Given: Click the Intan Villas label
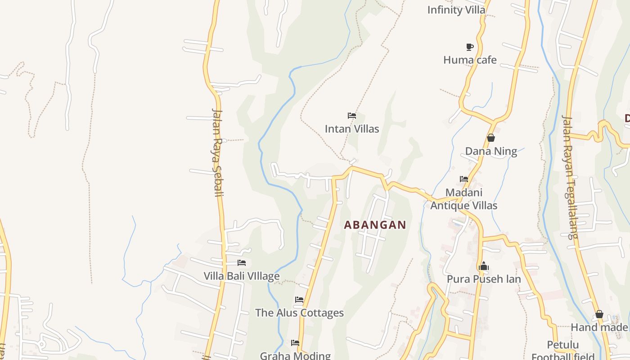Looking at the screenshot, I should pyautogui.click(x=352, y=129).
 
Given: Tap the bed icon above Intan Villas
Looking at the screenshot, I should pyautogui.click(x=352, y=116).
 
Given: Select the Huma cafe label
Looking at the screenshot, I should pyautogui.click(x=470, y=60).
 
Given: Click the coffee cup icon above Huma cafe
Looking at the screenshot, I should pyautogui.click(x=470, y=47).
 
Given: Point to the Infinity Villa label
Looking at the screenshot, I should pyautogui.click(x=456, y=10).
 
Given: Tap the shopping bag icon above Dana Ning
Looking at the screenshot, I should pyautogui.click(x=491, y=138).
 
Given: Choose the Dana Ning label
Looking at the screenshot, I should pyautogui.click(x=491, y=151).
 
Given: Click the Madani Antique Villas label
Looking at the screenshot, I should pyautogui.click(x=464, y=199).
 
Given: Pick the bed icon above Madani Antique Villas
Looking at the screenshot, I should pyautogui.click(x=464, y=179).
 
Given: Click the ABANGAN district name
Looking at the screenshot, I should pyautogui.click(x=375, y=225).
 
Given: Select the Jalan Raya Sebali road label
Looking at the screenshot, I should pyautogui.click(x=218, y=152).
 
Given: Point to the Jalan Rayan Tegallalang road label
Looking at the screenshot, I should pyautogui.click(x=570, y=177).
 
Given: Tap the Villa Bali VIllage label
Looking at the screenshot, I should pyautogui.click(x=242, y=276).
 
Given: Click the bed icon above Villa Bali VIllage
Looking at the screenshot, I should pyautogui.click(x=242, y=263).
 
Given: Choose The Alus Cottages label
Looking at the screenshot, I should pyautogui.click(x=299, y=313).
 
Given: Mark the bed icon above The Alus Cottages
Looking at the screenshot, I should pyautogui.click(x=299, y=300).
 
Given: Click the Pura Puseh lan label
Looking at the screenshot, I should pyautogui.click(x=484, y=279).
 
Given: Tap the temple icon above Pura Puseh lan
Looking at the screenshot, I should pyautogui.click(x=484, y=266).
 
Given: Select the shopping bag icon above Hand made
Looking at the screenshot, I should pyautogui.click(x=599, y=314).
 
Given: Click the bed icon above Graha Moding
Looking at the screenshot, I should pyautogui.click(x=295, y=343).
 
